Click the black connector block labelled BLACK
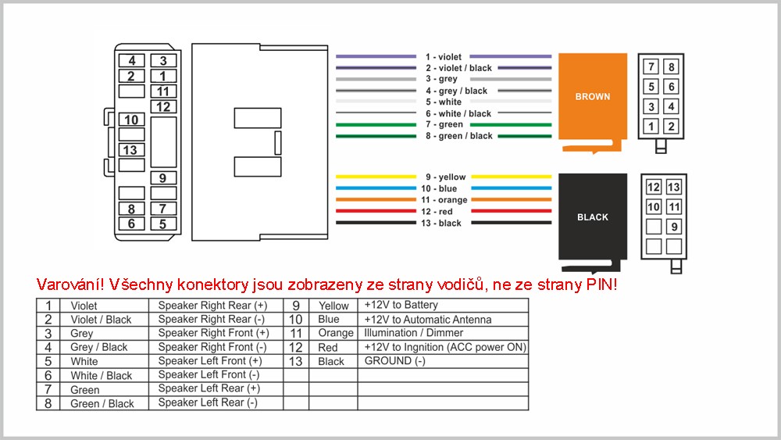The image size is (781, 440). (x=592, y=217)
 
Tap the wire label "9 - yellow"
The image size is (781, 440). (x=445, y=177)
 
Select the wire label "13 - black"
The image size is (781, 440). (x=440, y=224)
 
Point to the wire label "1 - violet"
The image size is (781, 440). (x=444, y=57)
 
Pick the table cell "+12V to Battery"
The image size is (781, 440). (x=401, y=305)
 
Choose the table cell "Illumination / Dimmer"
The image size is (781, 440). (x=413, y=333)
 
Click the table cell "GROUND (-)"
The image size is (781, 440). (x=395, y=361)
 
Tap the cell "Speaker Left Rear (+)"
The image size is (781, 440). (x=209, y=388)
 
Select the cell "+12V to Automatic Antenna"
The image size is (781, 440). (x=428, y=320)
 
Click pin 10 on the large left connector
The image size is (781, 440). (x=131, y=120)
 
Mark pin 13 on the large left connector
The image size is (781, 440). (x=131, y=150)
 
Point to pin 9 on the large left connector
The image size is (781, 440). (x=163, y=178)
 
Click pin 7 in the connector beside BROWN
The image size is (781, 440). (x=651, y=66)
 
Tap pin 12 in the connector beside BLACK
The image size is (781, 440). (x=654, y=188)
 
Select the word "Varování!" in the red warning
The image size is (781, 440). (x=70, y=284)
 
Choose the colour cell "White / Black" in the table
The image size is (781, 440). (x=101, y=376)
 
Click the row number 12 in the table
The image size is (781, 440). (x=296, y=347)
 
